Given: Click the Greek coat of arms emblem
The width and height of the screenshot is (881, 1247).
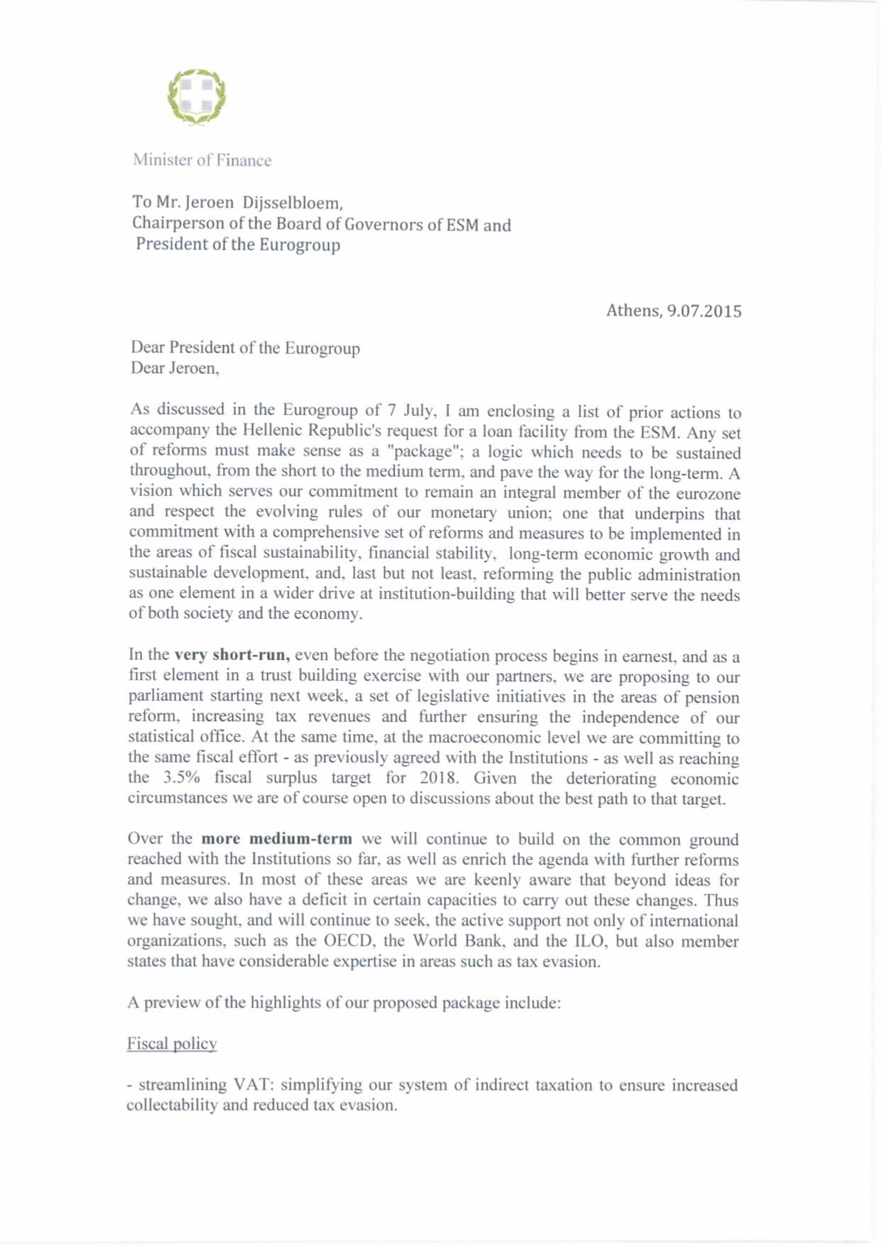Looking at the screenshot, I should tap(197, 97).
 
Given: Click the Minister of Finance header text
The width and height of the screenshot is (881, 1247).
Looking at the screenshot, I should tap(202, 161).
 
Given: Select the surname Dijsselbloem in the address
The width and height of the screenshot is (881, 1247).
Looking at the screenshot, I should tap(283, 203).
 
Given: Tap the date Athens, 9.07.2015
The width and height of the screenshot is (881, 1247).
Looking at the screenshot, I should tap(674, 311).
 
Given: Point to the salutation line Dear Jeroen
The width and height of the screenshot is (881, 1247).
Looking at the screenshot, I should tap(174, 368).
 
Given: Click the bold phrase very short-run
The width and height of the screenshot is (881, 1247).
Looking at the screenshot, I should tap(232, 654).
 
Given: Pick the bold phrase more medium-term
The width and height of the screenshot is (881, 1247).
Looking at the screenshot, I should tap(277, 839).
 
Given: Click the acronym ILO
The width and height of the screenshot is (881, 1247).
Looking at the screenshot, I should tap(587, 941).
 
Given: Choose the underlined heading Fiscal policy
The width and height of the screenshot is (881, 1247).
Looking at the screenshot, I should tap(172, 1044).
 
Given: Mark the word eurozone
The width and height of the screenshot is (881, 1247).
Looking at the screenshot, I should tap(702, 493).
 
